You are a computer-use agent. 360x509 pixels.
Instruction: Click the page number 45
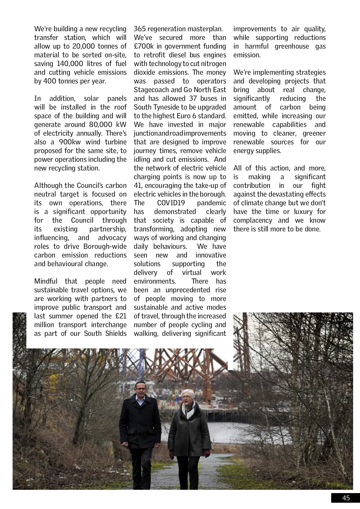pos(346,498)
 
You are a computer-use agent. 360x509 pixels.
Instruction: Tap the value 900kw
pos(70,142)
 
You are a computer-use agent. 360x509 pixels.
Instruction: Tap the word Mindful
pos(46,281)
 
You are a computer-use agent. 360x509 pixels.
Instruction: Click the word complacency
pos(253,220)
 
